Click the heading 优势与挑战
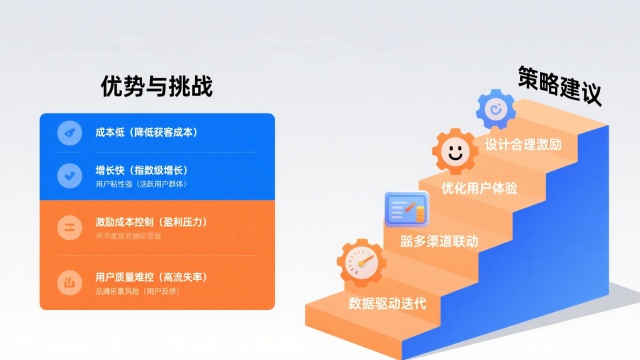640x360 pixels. click(157, 87)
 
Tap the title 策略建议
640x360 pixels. click(560, 87)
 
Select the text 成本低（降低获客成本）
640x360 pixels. click(146, 132)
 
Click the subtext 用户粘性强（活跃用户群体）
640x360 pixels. click(141, 185)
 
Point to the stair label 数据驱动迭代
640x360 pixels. click(387, 303)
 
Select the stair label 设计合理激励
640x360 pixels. click(523, 144)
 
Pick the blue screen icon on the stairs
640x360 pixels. click(406, 211)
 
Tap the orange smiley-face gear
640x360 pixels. click(456, 153)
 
